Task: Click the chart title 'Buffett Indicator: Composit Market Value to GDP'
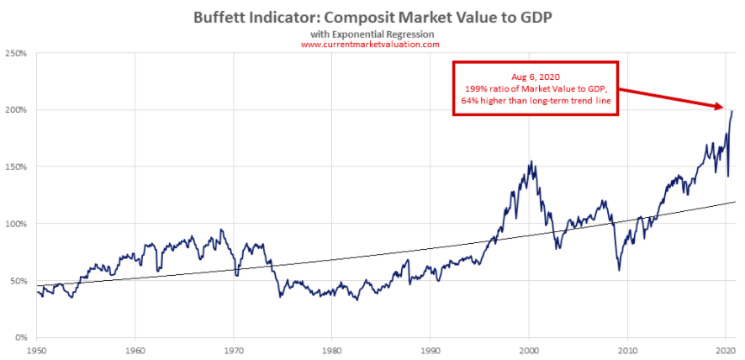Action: pos(372,16)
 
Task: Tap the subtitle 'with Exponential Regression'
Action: pos(372,33)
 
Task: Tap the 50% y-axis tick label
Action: pos(18,281)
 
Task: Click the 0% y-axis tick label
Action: pos(21,337)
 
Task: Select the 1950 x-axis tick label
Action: pos(36,348)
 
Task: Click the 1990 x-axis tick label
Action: pos(430,348)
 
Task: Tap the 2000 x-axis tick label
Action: pos(528,348)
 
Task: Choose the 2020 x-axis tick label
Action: pos(725,348)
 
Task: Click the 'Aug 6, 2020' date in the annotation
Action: pos(535,76)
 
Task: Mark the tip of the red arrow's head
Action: pos(724,108)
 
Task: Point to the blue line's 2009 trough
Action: pos(619,270)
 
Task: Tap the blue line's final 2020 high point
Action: pos(732,111)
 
